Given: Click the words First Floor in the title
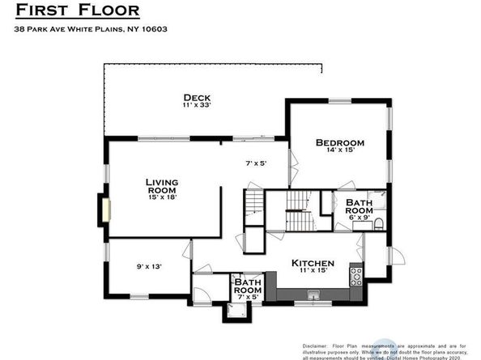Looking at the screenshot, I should [x=77, y=11].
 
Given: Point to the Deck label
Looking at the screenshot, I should [x=197, y=97].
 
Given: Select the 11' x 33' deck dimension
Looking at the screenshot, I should [x=197, y=105].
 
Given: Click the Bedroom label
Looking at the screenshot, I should [x=340, y=143].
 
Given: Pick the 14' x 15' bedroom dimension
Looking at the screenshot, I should [x=340, y=151].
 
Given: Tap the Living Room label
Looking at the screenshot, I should [x=161, y=185].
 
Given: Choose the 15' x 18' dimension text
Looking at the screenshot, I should [x=161, y=197].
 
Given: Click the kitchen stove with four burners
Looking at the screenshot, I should [x=355, y=276].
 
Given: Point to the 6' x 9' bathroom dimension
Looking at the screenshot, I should [x=359, y=218].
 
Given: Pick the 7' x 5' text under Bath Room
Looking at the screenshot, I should [x=248, y=296].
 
